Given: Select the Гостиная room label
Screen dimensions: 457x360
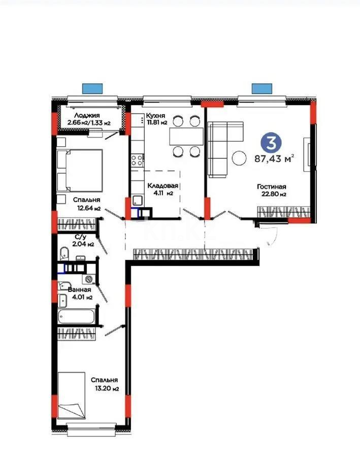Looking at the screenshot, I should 272,186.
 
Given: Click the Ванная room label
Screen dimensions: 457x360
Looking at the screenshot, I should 80,289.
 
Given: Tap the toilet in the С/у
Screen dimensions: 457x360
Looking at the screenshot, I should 63,253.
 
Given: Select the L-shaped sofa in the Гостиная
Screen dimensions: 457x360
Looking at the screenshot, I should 220,149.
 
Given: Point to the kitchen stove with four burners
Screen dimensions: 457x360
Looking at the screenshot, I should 137,161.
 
